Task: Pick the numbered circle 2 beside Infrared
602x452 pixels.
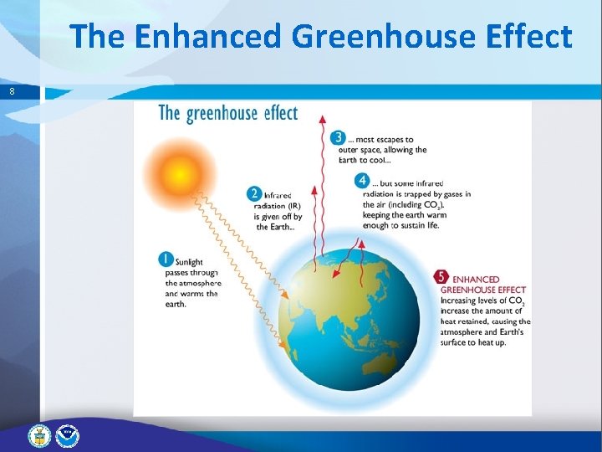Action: (255, 194)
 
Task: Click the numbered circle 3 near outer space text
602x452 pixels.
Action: (339, 138)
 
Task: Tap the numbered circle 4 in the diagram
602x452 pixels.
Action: (362, 181)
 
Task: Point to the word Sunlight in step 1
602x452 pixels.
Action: (190, 262)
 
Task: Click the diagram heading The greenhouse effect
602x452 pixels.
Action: (227, 113)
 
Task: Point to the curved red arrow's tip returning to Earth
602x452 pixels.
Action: (361, 242)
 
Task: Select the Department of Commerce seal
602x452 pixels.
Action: (39, 435)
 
